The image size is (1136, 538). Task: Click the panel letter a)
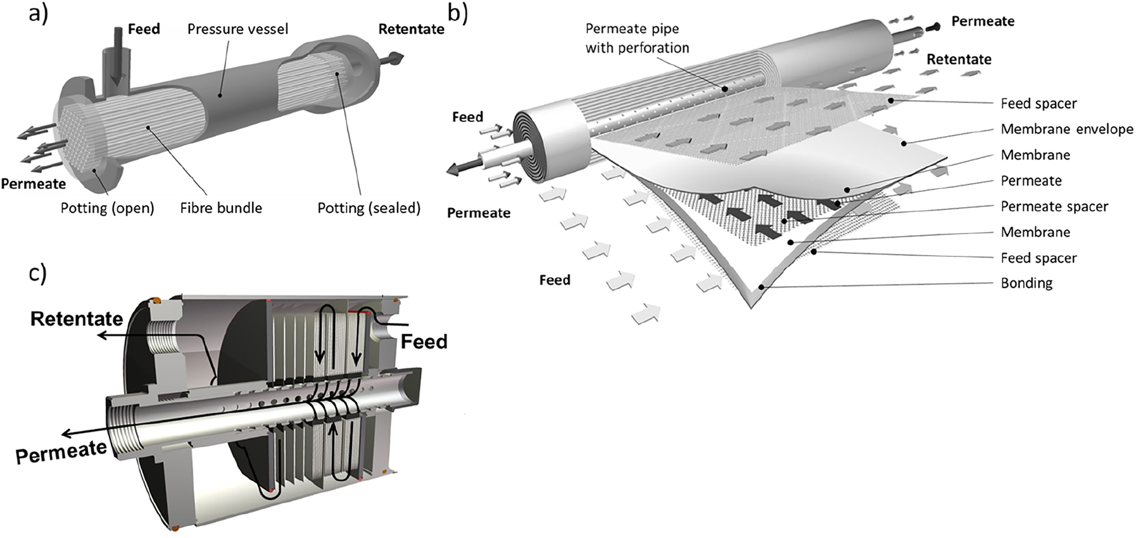pos(39,13)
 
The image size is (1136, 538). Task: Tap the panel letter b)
pos(458,13)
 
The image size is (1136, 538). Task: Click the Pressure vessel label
pos(237,29)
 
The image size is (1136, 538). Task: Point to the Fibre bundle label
pos(221,208)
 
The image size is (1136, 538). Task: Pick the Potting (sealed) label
pos(369,208)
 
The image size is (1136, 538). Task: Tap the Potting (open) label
pos(107,208)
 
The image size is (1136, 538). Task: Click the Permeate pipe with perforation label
pos(636,38)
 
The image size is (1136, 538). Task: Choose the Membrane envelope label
pos(1066,129)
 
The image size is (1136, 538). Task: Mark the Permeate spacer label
pos(1054,206)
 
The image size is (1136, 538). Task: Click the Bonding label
pos(1026,283)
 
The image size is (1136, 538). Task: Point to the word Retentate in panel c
pos(77,318)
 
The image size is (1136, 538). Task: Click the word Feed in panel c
pos(424,342)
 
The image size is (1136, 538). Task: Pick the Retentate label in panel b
pos(959,59)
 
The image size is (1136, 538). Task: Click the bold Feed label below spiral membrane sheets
pos(554,280)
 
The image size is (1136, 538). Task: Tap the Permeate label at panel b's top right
pos(983,22)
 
